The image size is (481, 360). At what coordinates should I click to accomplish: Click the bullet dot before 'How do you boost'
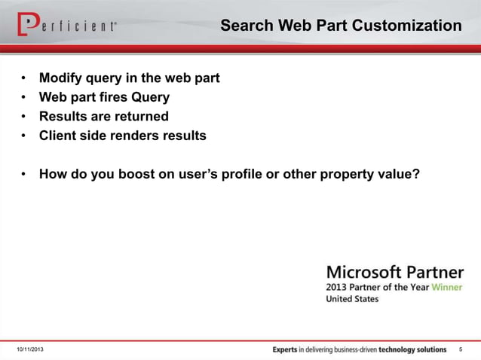point(24,175)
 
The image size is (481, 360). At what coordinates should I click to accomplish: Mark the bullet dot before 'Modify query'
point(24,78)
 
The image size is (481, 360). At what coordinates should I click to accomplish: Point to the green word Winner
point(448,287)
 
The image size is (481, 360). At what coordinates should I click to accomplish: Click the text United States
point(352,299)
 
